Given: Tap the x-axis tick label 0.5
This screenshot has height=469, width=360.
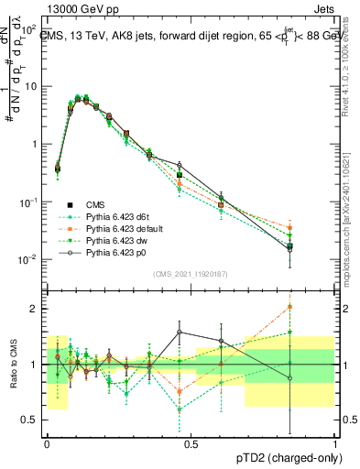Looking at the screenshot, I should (191, 442).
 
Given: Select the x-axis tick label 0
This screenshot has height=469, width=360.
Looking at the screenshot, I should (47, 442).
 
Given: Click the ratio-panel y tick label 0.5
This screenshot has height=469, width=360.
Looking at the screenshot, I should (32, 420).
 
